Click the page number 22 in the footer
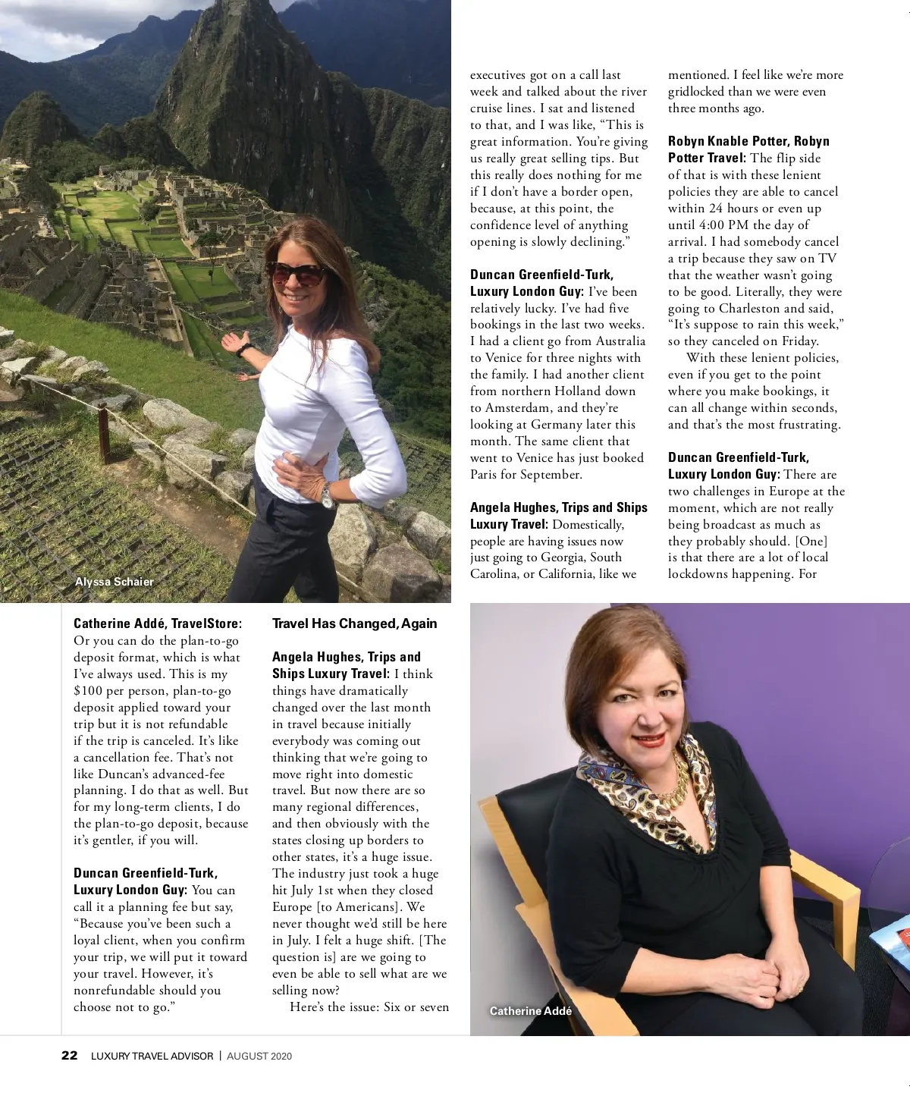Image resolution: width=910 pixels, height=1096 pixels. coord(69,1055)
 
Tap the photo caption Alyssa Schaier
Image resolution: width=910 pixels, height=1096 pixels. coord(114,582)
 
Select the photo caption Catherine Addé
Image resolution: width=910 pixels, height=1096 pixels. coord(530,1010)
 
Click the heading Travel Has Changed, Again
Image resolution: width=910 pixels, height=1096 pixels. coord(354,623)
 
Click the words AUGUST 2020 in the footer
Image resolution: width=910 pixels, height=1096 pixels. coord(259,1056)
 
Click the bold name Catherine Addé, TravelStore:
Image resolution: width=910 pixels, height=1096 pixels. coord(158,623)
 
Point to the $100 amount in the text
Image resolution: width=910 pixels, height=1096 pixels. coord(89,691)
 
